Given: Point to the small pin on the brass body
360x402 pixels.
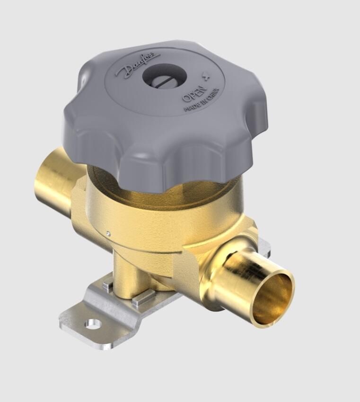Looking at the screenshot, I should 108,233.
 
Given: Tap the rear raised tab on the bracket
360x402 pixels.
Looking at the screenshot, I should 108,285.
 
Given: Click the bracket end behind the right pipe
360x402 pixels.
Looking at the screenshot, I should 264,246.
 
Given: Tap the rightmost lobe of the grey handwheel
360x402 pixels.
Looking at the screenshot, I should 251,118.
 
